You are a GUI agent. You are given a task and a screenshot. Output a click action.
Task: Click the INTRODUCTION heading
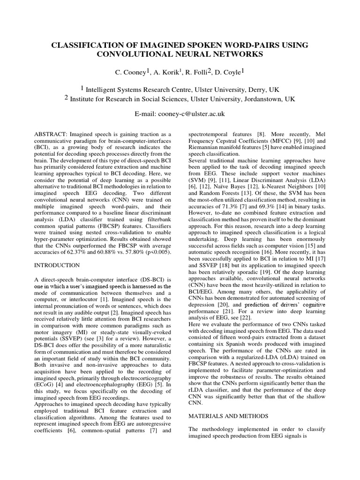pyautogui.click(x=57, y=265)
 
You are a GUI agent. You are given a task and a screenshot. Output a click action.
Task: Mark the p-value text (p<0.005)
pyautogui.click(x=157, y=252)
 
